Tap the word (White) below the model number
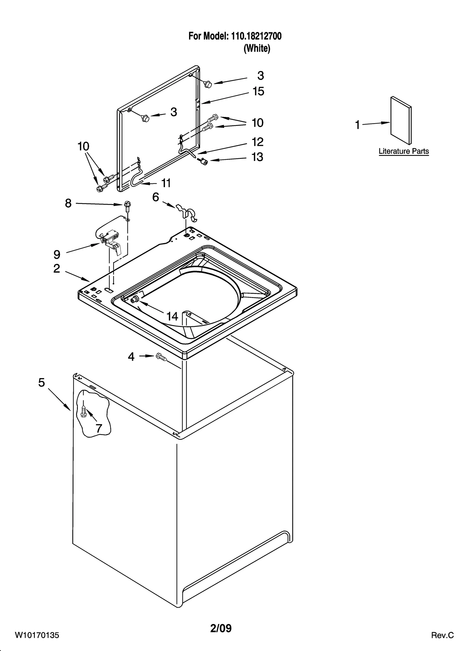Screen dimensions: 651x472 point(257,48)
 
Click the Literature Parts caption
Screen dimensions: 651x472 point(404,151)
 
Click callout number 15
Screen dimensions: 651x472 point(258,91)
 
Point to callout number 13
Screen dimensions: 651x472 point(257,157)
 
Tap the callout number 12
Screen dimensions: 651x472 point(257,142)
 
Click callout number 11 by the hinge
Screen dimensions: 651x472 point(166,183)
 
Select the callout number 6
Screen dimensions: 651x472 point(155,197)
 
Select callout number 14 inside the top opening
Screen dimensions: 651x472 point(172,317)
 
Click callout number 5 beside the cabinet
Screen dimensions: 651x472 point(42,383)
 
